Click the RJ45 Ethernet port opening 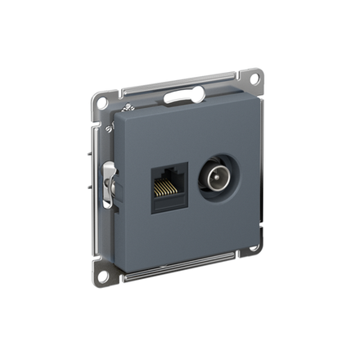point(169,182)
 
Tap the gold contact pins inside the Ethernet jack point(169,189)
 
